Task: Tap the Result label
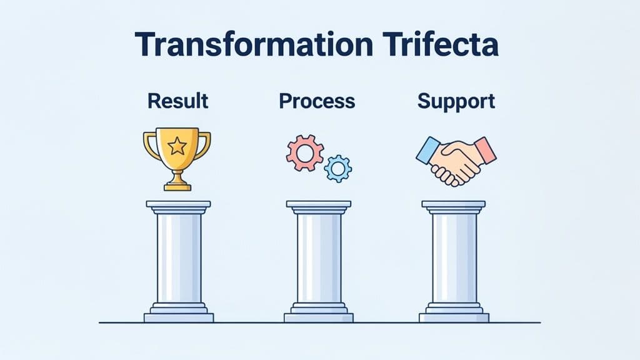[177, 101]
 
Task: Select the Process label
[317, 101]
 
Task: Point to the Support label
[456, 101]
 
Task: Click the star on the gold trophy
[177, 147]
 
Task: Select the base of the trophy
[177, 185]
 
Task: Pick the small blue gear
[338, 168]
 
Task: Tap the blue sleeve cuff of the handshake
[427, 151]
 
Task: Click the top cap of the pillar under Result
[178, 204]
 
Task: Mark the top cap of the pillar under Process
[318, 204]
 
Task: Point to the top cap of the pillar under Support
[453, 204]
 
